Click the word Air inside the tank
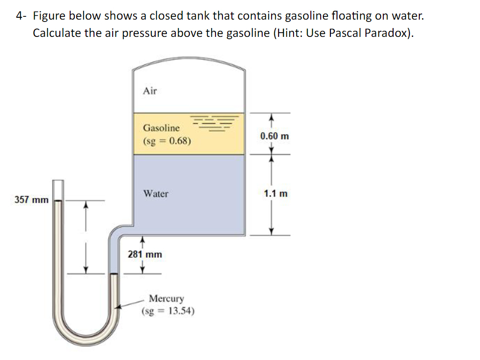pyautogui.click(x=150, y=91)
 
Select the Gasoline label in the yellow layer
pyautogui.click(x=161, y=127)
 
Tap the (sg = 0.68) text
pyautogui.click(x=167, y=141)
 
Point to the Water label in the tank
pyautogui.click(x=156, y=193)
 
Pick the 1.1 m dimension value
pyautogui.click(x=276, y=193)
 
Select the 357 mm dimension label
pyautogui.click(x=31, y=200)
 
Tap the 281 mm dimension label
pyautogui.click(x=145, y=254)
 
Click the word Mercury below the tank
pyautogui.click(x=166, y=298)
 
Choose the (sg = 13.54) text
pyautogui.click(x=168, y=311)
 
